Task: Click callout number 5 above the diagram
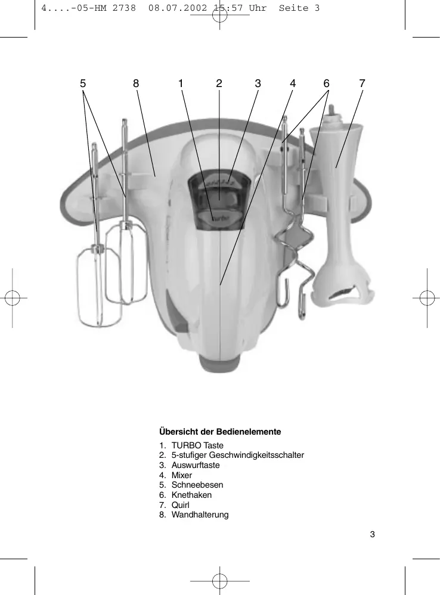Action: (83, 84)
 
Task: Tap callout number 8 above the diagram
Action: (136, 84)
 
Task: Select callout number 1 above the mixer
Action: (180, 84)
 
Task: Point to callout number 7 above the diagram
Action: (362, 84)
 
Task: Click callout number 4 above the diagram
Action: (293, 84)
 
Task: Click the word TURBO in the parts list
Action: (186, 445)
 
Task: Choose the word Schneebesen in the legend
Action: (197, 485)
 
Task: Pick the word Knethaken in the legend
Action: (191, 495)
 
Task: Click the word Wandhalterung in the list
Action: (200, 515)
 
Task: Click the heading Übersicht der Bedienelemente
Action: (220, 430)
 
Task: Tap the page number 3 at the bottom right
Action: (372, 534)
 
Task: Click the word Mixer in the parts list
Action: (182, 475)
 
